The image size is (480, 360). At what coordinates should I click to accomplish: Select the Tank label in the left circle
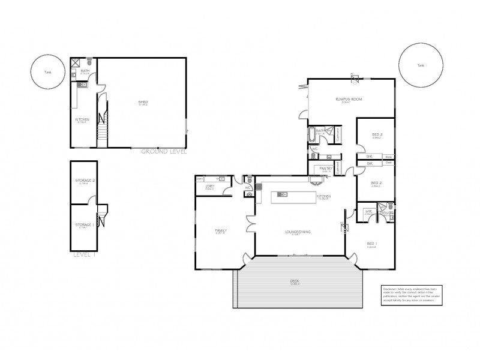pyautogui.click(x=48, y=72)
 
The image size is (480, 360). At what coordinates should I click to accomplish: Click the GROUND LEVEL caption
pyautogui.click(x=164, y=152)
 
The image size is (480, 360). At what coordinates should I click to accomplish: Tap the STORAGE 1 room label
pyautogui.click(x=83, y=225)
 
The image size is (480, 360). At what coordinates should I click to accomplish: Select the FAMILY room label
pyautogui.click(x=221, y=230)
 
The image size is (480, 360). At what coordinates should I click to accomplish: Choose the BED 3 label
pyautogui.click(x=377, y=134)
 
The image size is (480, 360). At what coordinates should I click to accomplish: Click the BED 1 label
pyautogui.click(x=372, y=243)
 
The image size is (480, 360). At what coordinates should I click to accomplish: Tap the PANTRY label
pyautogui.click(x=326, y=169)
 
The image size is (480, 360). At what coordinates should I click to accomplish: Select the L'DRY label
pyautogui.click(x=210, y=187)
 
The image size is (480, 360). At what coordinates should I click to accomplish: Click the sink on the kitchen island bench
pyautogui.click(x=282, y=194)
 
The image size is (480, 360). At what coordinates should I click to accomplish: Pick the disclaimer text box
pyautogui.click(x=412, y=296)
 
